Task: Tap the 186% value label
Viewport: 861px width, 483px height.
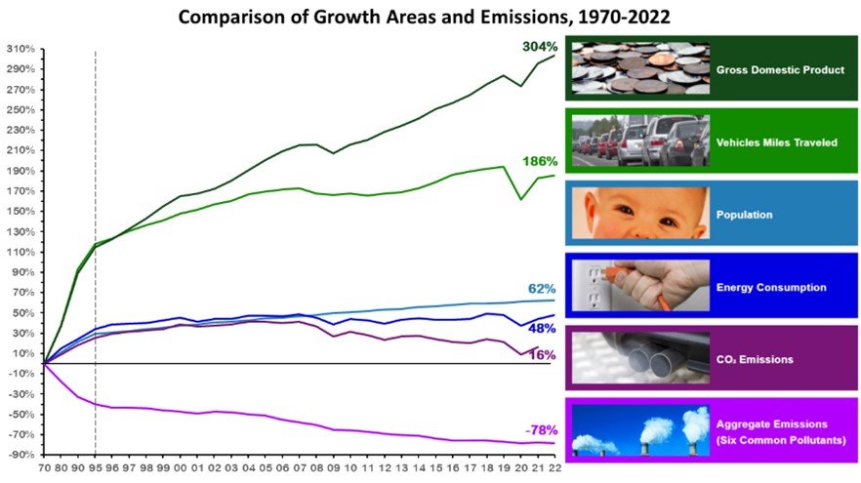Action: [x=536, y=161]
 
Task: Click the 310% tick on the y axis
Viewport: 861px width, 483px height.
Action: [x=21, y=49]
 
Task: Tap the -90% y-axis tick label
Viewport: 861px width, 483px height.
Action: [x=21, y=455]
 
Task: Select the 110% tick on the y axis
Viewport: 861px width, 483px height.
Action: [x=21, y=252]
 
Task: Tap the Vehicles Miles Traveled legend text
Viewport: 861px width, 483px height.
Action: [x=776, y=142]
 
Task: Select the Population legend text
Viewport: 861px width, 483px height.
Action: [x=744, y=214]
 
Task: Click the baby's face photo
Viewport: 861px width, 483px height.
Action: [x=636, y=214]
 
